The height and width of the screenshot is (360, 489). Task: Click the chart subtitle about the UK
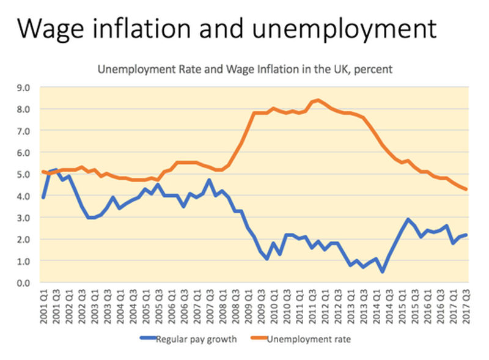pyautogui.click(x=245, y=70)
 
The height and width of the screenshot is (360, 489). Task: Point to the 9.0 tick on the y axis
pyautogui.click(x=23, y=87)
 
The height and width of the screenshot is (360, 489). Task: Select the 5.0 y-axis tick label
pyautogui.click(x=23, y=174)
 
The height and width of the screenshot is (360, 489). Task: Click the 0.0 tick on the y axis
pyautogui.click(x=23, y=283)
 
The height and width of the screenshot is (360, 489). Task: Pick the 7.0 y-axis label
pyautogui.click(x=23, y=131)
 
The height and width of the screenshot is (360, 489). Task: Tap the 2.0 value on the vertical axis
pyautogui.click(x=23, y=240)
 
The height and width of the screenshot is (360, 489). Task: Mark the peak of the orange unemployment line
pyautogui.click(x=318, y=100)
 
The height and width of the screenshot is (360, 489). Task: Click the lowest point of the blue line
pyautogui.click(x=383, y=271)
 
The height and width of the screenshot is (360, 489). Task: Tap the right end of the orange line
pyautogui.click(x=467, y=189)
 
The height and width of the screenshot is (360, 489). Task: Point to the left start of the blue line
pyautogui.click(x=43, y=197)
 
